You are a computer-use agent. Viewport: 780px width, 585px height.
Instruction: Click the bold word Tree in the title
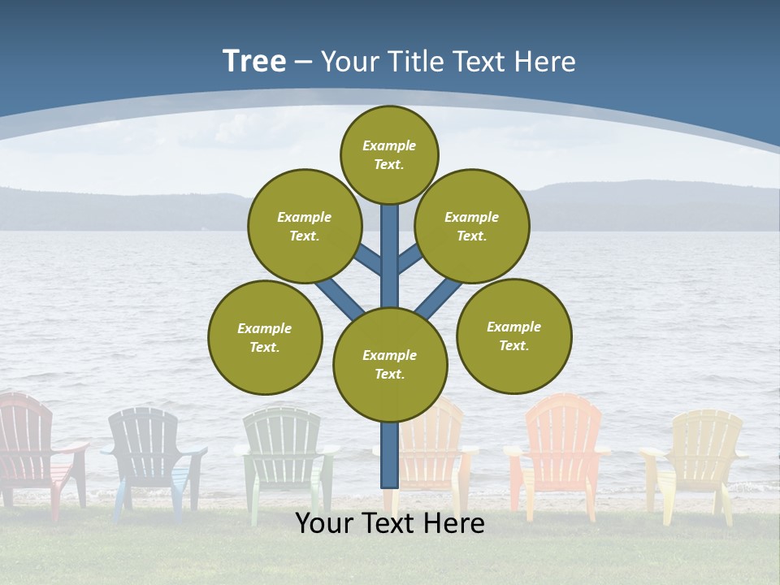254,61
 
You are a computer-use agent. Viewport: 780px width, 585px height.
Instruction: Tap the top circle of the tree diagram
389,154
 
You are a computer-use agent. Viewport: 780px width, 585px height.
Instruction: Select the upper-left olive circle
304,226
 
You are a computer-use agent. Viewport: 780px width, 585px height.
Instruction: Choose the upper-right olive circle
471,226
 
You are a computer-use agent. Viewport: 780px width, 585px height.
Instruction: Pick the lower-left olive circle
265,337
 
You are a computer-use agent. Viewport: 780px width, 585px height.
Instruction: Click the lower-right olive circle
513,336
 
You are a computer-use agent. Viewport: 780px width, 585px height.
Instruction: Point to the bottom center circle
390,365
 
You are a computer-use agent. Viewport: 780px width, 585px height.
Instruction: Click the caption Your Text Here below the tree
390,523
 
